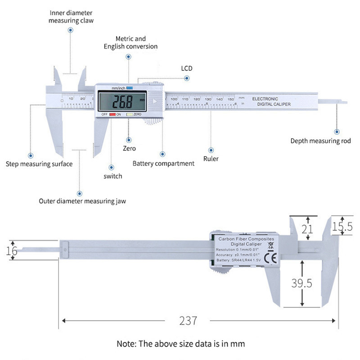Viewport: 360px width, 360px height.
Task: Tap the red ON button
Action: click(112, 115)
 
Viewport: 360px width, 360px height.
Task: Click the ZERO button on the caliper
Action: click(129, 115)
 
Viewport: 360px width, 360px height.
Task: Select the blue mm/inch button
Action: click(130, 88)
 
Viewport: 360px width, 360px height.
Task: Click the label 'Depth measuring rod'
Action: click(320, 141)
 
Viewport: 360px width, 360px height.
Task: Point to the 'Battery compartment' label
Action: click(163, 163)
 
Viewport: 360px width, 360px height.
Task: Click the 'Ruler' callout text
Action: click(211, 158)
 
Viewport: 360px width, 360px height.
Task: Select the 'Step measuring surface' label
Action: click(39, 164)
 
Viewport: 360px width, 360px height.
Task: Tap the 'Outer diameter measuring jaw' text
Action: click(82, 201)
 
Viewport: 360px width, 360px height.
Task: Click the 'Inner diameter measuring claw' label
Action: click(71, 17)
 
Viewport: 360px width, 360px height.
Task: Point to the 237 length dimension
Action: click(188, 321)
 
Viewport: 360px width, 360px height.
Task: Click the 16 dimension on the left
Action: click(12, 251)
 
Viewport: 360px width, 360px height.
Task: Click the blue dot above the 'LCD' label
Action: click(187, 78)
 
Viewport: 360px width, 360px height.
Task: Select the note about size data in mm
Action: click(180, 344)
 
